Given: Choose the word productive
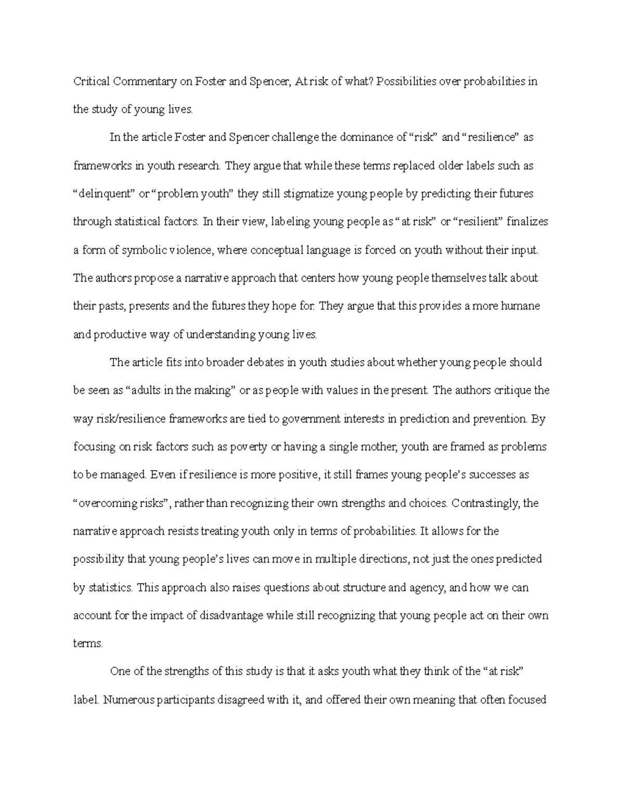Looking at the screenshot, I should tap(114, 335).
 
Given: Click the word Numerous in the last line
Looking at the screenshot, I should tap(128, 699).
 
